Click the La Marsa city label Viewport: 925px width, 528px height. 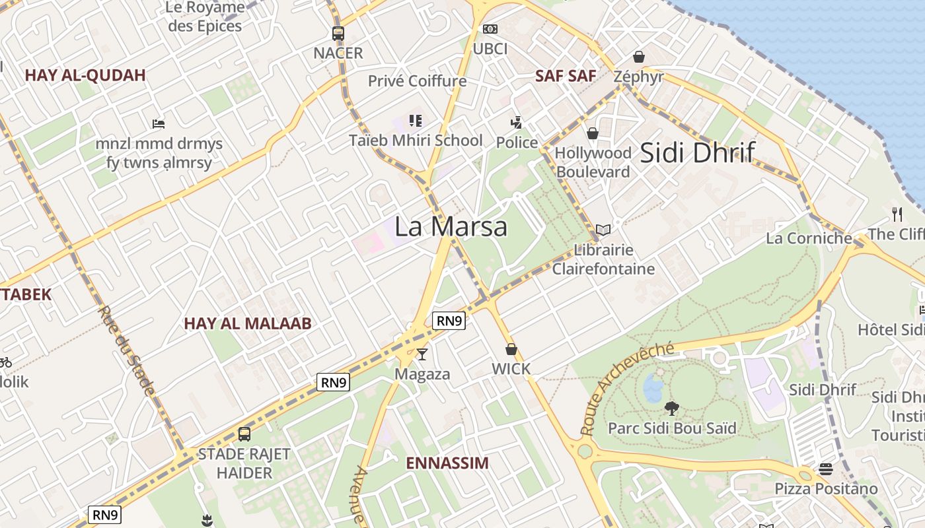click(x=451, y=226)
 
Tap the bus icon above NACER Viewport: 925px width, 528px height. click(x=338, y=33)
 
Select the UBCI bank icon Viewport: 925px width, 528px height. click(x=490, y=29)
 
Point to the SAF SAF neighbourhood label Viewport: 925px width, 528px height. click(x=566, y=75)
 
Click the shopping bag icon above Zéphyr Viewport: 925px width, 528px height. click(x=638, y=57)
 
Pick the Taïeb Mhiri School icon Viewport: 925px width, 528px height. click(x=416, y=121)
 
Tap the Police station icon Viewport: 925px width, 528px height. click(x=517, y=123)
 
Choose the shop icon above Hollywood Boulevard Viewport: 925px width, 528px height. click(x=593, y=134)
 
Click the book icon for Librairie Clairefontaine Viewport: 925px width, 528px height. click(x=603, y=230)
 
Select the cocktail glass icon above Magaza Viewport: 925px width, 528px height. click(x=422, y=354)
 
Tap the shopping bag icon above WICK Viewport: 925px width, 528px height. click(x=511, y=349)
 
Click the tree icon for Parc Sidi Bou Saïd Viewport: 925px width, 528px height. click(x=672, y=408)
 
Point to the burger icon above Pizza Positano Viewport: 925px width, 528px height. click(x=825, y=469)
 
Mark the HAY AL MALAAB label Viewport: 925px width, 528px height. click(x=248, y=323)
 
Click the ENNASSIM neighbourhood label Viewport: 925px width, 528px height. click(x=447, y=463)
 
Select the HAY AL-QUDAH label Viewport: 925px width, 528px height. click(x=85, y=75)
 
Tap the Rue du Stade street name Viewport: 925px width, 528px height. click(x=126, y=350)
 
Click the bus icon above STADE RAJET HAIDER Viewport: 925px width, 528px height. click(x=244, y=434)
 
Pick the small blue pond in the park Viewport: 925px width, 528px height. click(x=653, y=387)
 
